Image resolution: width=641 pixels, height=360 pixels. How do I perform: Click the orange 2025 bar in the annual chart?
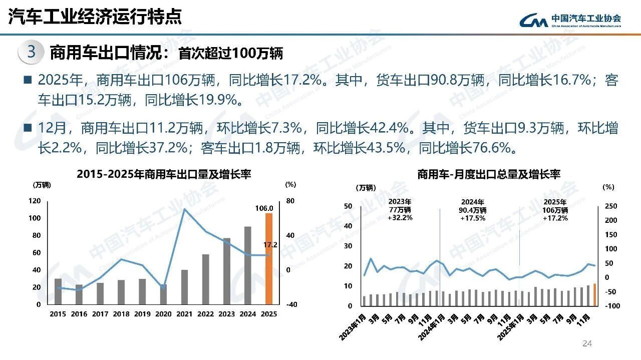269,258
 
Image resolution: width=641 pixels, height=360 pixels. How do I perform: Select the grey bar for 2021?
184,287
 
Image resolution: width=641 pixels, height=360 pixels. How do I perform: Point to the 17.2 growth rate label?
270,245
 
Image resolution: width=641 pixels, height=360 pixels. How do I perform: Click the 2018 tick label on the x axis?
121,314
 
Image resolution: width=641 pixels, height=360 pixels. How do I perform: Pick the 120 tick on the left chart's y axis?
35,201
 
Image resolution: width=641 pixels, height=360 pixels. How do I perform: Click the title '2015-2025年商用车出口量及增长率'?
164,174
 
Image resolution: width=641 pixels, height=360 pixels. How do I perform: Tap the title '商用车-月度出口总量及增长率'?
489,174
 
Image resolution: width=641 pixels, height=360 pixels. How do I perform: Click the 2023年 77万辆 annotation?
400,210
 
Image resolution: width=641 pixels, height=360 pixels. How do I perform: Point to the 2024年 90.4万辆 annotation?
472,210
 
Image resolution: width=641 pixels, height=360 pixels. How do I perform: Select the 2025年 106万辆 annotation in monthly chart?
555,210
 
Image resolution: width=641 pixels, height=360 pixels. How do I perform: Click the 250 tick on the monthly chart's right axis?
611,206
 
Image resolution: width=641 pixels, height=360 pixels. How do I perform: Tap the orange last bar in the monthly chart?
594,294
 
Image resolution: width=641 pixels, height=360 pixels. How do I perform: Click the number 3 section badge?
31,53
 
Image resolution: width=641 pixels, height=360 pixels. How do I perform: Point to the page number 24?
587,343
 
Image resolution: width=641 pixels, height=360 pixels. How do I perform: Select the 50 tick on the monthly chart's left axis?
348,206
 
